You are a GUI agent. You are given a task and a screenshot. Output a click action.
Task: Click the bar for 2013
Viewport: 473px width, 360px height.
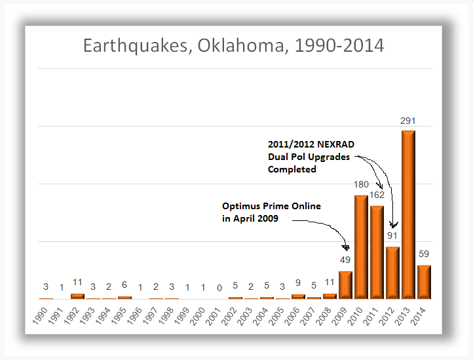tap(408, 214)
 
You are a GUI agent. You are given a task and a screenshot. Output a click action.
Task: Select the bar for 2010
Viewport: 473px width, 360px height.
tap(361, 247)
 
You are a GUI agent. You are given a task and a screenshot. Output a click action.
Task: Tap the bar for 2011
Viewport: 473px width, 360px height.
tap(377, 252)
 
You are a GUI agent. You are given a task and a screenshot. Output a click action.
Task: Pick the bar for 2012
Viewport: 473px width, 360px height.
tap(392, 272)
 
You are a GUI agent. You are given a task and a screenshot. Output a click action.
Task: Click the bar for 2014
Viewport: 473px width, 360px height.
tap(424, 282)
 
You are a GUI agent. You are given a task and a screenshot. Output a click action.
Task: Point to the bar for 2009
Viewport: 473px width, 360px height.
tap(345, 285)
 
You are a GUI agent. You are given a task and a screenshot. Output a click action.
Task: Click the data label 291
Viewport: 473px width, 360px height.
tap(408, 121)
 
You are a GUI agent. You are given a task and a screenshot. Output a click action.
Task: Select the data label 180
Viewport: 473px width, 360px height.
tap(361, 185)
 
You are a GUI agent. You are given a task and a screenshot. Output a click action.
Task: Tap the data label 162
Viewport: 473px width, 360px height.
tap(377, 195)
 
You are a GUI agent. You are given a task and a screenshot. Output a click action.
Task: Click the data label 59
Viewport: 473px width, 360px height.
tap(424, 254)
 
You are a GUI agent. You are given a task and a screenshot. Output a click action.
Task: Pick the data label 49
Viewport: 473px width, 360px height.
tap(345, 260)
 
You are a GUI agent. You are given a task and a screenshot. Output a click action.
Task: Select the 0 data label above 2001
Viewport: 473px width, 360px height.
tap(219, 287)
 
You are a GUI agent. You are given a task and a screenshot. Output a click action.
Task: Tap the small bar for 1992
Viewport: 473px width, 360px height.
tap(77, 296)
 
